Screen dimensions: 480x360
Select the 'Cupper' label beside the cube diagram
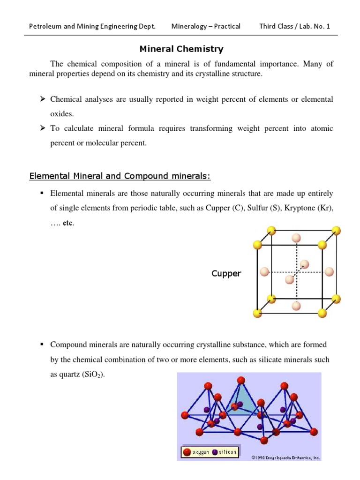pos(226,274)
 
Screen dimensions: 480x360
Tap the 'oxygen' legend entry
pos(196,452)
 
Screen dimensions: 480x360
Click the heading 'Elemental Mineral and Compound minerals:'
pos(120,176)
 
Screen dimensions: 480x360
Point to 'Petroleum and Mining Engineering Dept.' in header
pos(92,26)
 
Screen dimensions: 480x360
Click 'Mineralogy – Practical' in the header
pos(206,26)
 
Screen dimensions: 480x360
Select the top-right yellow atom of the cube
pos(336,230)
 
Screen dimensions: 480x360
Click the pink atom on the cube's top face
pos(296,238)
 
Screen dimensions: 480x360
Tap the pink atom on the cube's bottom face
pos(296,306)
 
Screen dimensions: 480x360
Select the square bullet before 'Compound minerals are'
pos(42,345)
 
